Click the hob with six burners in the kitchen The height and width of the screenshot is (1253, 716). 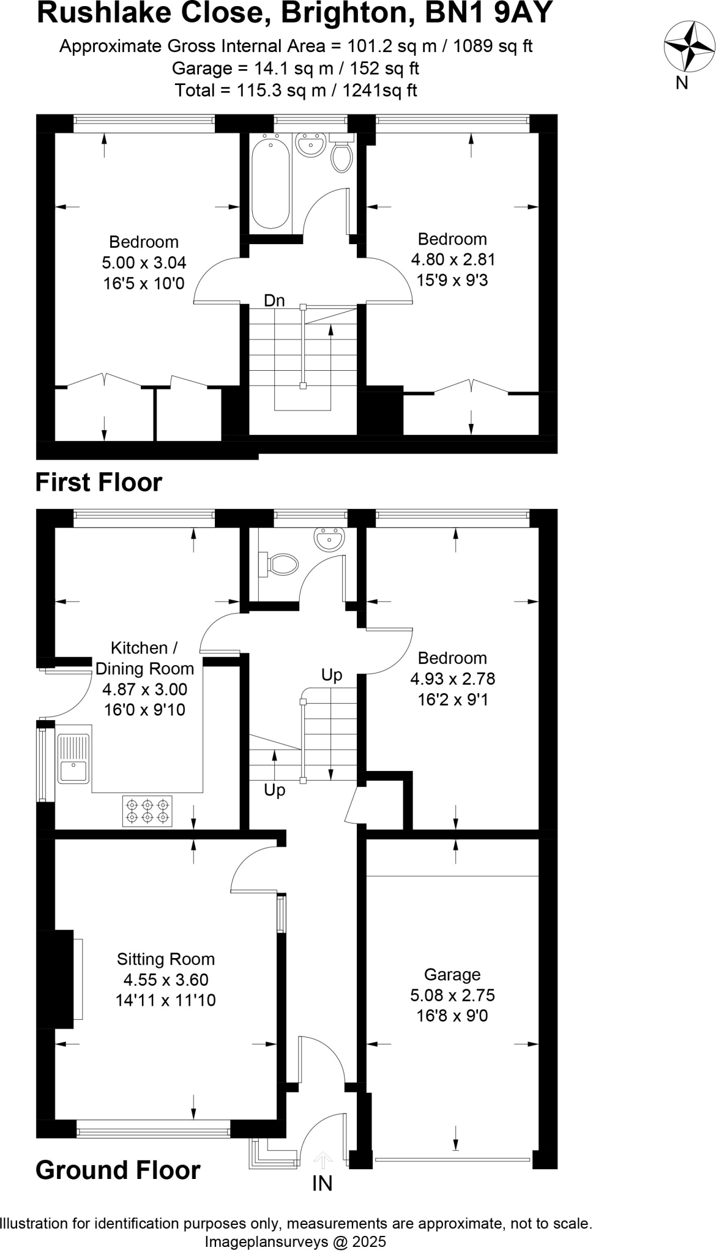pos(147,811)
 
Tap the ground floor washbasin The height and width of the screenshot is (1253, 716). pos(329,539)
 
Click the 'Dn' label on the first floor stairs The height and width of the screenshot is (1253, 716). pos(274,300)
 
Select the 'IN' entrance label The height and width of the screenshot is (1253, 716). pos(323,1184)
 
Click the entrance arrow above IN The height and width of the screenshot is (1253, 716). pos(323,1159)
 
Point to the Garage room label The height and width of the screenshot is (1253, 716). pos(452,974)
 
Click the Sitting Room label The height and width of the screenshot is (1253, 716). pos(166,959)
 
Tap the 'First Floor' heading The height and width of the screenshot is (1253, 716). pos(99,482)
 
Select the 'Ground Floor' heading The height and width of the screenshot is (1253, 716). pos(118,1170)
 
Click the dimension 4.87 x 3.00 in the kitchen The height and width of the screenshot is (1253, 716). pos(144,689)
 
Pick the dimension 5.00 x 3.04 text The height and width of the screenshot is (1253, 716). pos(144,262)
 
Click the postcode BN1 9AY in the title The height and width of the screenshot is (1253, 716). pos(489,12)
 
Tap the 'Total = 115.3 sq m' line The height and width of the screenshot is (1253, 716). pos(296,91)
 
